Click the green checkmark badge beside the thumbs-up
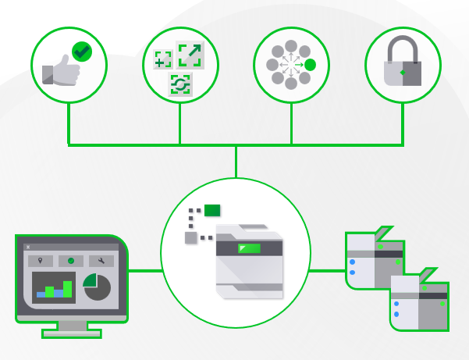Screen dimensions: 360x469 82,52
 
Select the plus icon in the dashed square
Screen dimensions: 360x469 162,59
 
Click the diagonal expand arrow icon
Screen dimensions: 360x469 189,55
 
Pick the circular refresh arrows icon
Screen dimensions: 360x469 181,84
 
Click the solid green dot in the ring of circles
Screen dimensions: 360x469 310,65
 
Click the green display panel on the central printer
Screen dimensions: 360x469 249,248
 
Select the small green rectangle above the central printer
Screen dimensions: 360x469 212,209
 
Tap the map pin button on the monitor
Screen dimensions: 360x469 41,261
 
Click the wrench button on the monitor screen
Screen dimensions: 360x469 101,261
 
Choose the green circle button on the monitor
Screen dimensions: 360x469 70,261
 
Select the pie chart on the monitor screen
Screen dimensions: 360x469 97,287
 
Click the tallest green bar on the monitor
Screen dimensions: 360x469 68,288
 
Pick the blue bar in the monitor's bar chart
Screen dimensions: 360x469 41,294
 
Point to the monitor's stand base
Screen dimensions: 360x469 71,333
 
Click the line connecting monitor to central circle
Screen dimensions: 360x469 144,271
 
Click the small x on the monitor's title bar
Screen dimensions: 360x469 28,247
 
